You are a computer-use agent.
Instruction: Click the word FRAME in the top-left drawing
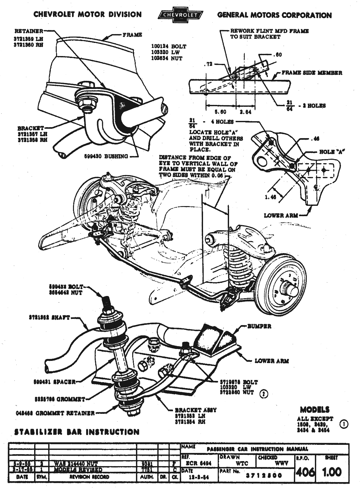pyautogui.click(x=132, y=35)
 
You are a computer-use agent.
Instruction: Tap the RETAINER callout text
pyautogui.click(x=29, y=31)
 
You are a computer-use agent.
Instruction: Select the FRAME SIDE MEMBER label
pyautogui.click(x=312, y=73)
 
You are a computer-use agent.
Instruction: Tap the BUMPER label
pyautogui.click(x=259, y=326)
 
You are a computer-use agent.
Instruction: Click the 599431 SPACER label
pyautogui.click(x=55, y=382)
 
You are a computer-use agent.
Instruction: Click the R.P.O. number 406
pyautogui.click(x=305, y=472)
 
